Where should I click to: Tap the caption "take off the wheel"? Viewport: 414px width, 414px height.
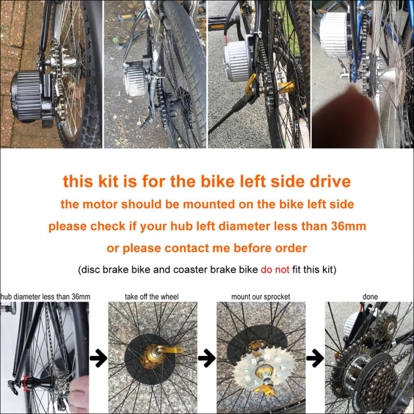152,297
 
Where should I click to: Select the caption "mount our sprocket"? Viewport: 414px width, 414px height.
260,297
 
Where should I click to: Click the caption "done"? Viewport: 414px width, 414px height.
370,297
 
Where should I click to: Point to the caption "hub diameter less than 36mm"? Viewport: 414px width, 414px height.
46,297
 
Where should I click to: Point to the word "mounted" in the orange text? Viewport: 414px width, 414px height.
195,204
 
